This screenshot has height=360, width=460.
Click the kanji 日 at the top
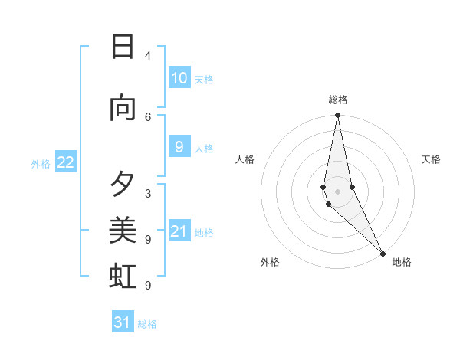tap(123, 47)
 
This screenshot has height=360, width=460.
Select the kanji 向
tap(123, 108)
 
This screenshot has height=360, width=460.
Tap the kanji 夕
tap(123, 185)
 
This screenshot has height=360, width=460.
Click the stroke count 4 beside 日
tap(147, 56)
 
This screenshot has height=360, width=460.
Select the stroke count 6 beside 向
tap(147, 116)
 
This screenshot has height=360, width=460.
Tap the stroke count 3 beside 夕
tap(147, 193)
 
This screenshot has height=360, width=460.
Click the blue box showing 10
tap(179, 78)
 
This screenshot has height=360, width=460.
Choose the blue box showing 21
tap(179, 231)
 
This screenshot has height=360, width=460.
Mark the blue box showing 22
tap(66, 162)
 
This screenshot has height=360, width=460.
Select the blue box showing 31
tap(123, 322)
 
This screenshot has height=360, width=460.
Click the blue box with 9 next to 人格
tap(179, 147)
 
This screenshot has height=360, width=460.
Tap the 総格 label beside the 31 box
tap(148, 324)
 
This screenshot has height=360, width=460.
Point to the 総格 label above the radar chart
tap(338, 100)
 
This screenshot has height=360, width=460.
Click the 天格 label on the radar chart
tap(431, 159)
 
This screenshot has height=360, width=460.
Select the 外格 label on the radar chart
tap(270, 262)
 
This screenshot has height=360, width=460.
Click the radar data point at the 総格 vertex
tap(337, 116)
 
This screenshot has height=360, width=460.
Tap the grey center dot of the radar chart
tap(337, 191)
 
